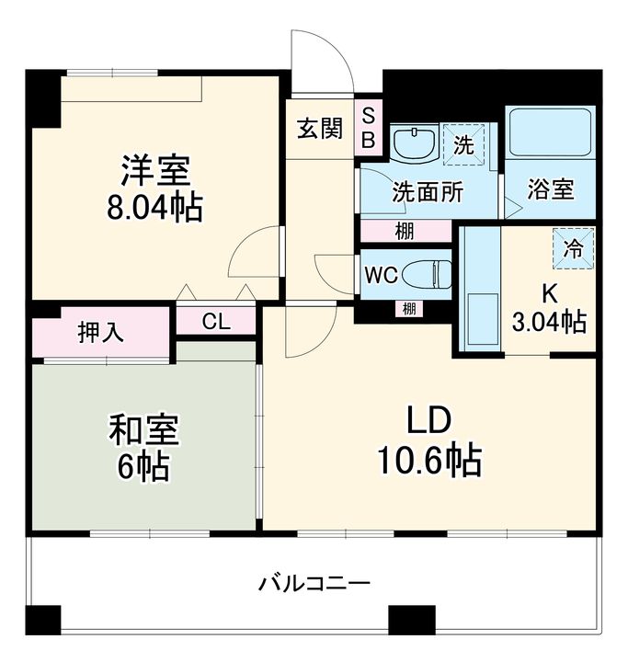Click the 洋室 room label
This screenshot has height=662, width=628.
pyautogui.click(x=155, y=170)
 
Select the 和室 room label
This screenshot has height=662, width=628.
pyautogui.click(x=144, y=430)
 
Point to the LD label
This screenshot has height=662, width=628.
pyautogui.click(x=430, y=420)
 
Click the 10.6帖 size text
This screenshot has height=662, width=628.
pyautogui.click(x=430, y=460)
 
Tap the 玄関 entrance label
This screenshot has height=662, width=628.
pyautogui.click(x=319, y=128)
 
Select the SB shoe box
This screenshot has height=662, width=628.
pyautogui.click(x=367, y=127)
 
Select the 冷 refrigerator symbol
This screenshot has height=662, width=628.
pyautogui.click(x=573, y=247)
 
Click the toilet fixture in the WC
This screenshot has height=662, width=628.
pyautogui.click(x=428, y=273)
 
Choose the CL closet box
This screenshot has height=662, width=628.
pyautogui.click(x=215, y=321)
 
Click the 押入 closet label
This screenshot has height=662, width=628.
pyautogui.click(x=100, y=332)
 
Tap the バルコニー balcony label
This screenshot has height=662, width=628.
pyautogui.click(x=314, y=583)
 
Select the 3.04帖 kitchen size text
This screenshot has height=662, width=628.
pyautogui.click(x=549, y=322)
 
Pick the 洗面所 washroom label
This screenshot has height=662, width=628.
pyautogui.click(x=428, y=193)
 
